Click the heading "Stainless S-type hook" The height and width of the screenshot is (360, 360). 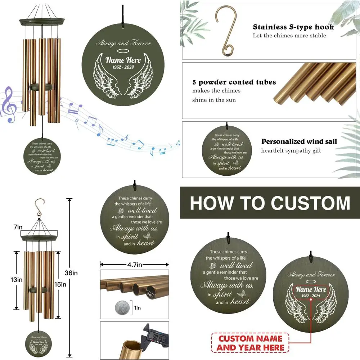(x=293, y=27)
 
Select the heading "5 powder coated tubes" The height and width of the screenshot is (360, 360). (x=234, y=82)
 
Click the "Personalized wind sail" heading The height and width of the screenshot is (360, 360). (x=299, y=141)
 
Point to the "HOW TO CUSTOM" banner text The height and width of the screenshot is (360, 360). (x=270, y=203)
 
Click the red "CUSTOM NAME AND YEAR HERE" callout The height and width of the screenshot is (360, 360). (x=251, y=343)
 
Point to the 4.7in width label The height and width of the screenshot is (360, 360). (x=134, y=265)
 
